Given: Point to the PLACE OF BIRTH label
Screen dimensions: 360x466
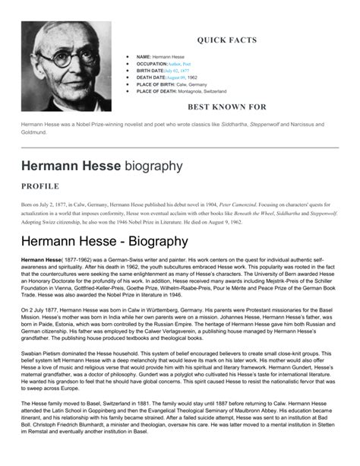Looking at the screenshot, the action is (x=157, y=84).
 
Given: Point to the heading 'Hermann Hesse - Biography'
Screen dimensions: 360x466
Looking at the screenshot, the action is (x=104, y=242).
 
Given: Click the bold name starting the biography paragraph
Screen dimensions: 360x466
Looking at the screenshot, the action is (x=42, y=261).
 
